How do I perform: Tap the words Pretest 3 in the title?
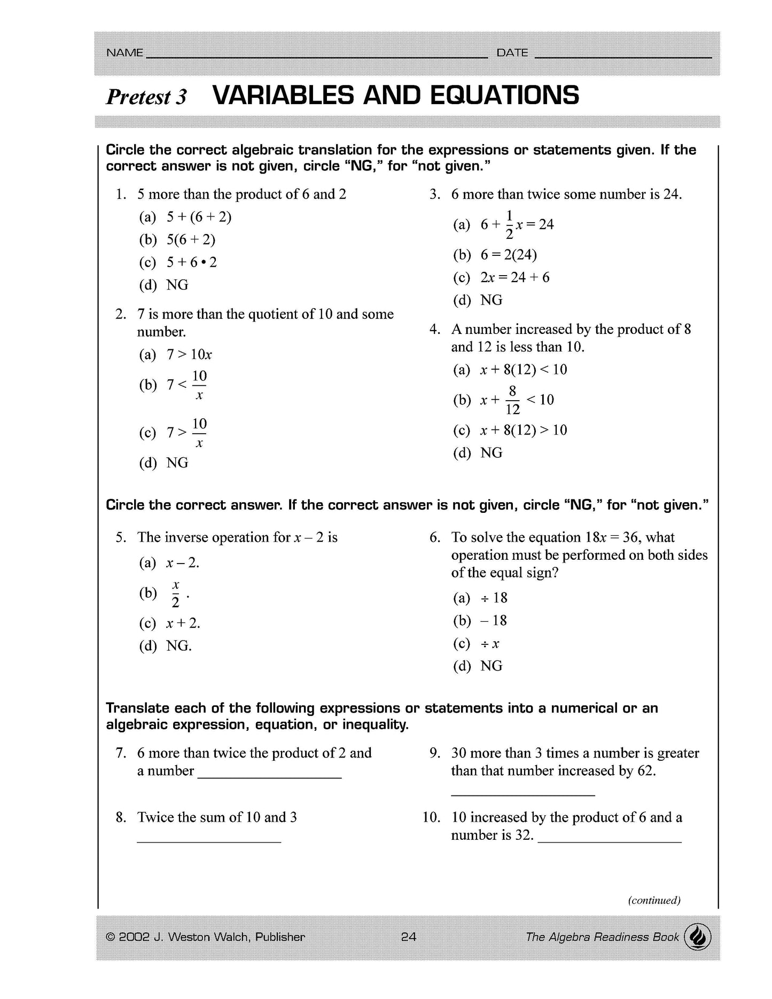click(x=146, y=97)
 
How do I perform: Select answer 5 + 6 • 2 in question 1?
click(x=191, y=262)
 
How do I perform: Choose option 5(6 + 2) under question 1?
click(x=191, y=239)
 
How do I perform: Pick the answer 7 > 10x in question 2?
click(x=189, y=355)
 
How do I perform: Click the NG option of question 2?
click(x=177, y=463)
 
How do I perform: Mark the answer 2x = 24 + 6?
click(x=514, y=277)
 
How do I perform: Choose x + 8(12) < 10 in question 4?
click(x=523, y=370)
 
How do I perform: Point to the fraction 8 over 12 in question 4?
click(x=512, y=400)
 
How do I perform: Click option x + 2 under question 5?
click(x=183, y=623)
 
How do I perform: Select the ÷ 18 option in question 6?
click(x=494, y=598)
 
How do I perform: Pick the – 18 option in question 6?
click(x=493, y=621)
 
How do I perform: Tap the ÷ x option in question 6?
click(x=489, y=644)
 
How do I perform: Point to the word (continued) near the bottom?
click(x=654, y=900)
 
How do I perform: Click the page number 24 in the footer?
click(x=408, y=936)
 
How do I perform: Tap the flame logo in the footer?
click(x=698, y=937)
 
